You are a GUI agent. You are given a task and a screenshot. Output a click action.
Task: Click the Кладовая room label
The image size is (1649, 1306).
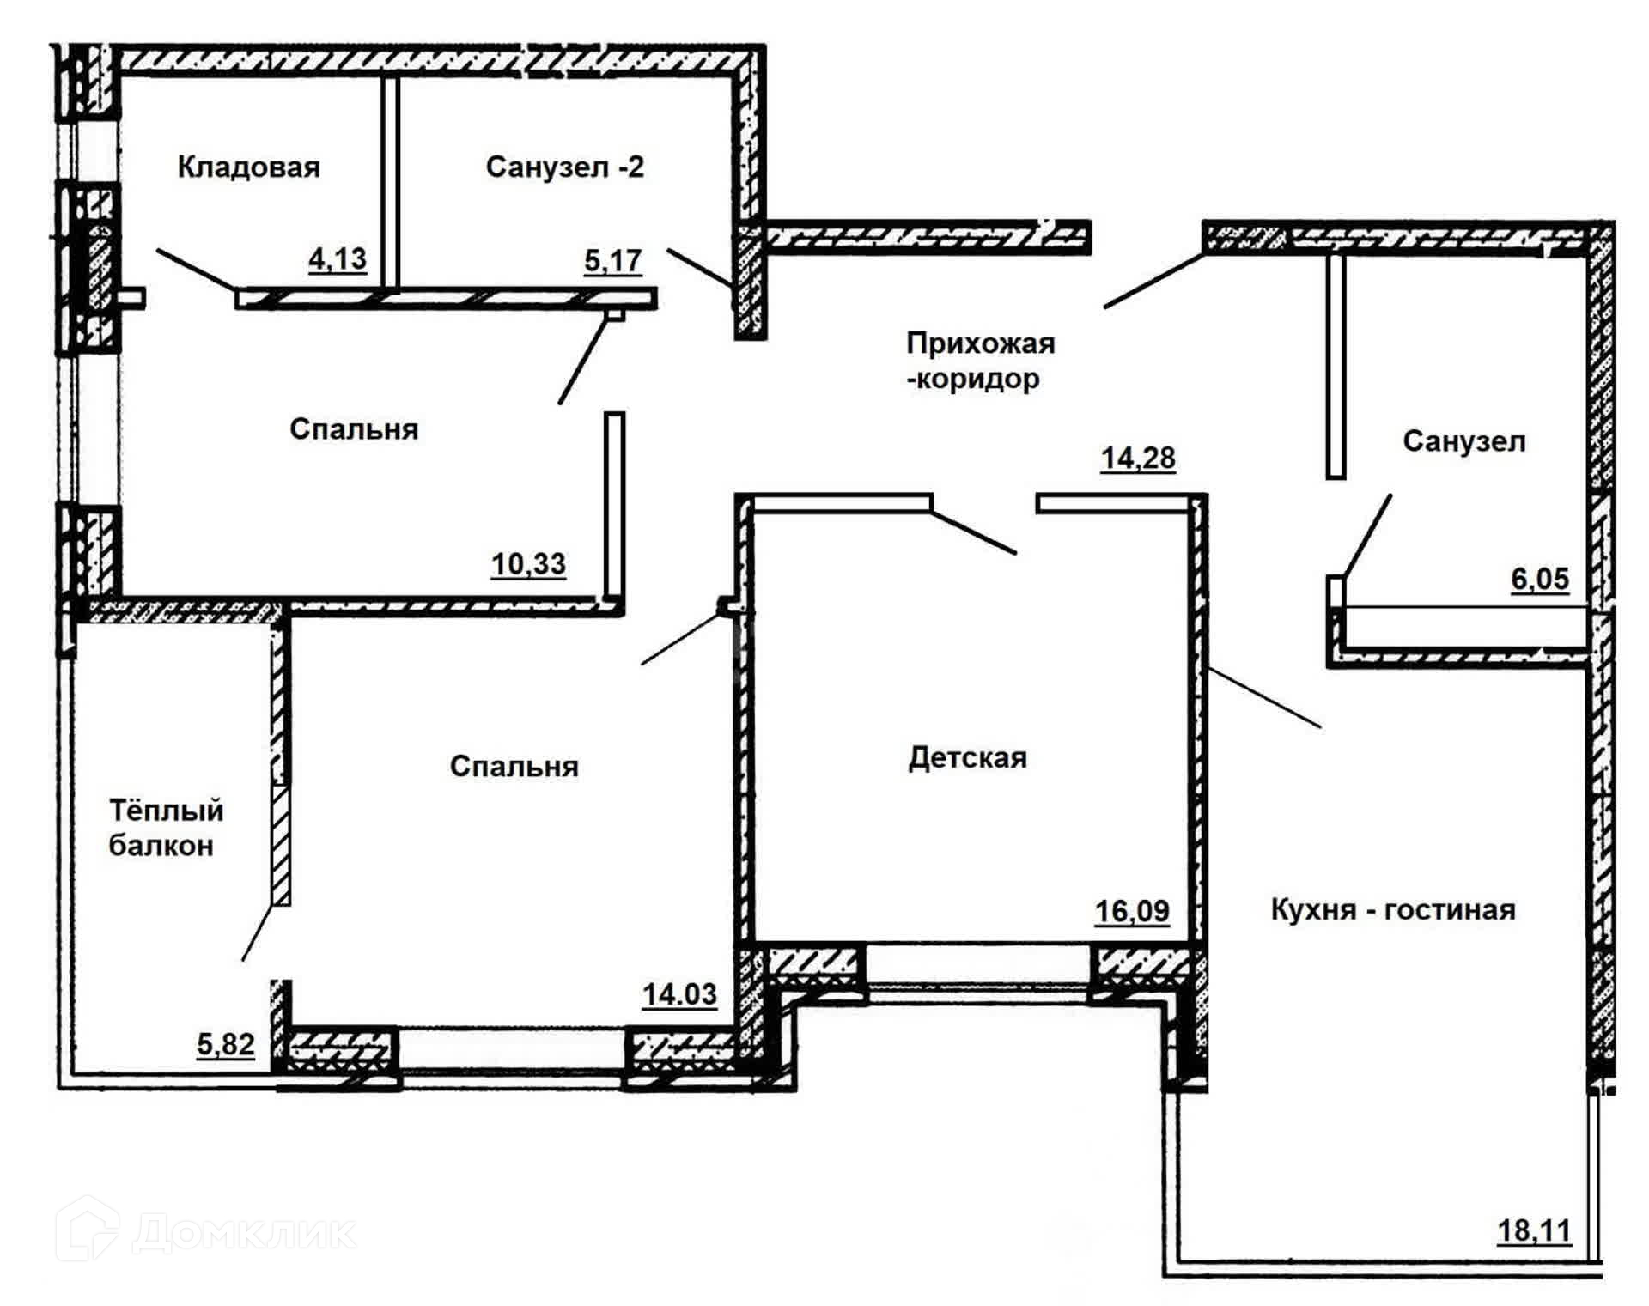[x=248, y=167]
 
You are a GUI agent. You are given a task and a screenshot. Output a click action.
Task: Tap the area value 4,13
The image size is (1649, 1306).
[x=338, y=258]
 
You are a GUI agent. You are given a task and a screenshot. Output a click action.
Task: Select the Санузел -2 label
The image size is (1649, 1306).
[x=564, y=167]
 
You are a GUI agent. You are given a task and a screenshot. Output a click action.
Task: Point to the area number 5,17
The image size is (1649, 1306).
[x=612, y=260]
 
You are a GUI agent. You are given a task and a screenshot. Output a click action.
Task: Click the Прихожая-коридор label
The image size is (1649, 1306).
[x=980, y=361]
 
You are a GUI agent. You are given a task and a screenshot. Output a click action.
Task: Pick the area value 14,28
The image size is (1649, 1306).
[x=1138, y=459]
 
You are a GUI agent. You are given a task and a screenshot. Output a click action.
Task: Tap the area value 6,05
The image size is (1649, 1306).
[x=1540, y=580]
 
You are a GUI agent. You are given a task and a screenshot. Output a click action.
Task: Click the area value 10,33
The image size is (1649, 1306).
[x=528, y=565]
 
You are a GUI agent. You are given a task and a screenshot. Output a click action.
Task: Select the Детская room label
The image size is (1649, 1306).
[x=968, y=758]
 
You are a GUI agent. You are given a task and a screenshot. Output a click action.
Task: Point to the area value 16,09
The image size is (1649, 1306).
[x=1132, y=911]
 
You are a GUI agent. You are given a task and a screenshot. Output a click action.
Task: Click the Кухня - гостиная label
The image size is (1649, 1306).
[x=1392, y=910]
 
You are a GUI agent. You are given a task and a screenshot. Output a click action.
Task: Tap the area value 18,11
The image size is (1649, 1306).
[x=1534, y=1231]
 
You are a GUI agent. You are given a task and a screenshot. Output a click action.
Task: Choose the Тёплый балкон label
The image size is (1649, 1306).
[x=165, y=828]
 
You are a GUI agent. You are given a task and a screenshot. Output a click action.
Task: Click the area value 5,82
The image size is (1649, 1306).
[x=226, y=1045]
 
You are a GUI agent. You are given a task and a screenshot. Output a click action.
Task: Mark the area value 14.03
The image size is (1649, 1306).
[x=679, y=994]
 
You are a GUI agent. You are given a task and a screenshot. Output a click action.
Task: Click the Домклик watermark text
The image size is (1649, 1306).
[x=245, y=1234]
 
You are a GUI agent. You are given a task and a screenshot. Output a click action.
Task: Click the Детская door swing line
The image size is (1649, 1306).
[x=974, y=532]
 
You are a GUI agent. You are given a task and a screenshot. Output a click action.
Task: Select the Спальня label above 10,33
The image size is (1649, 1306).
[x=353, y=429]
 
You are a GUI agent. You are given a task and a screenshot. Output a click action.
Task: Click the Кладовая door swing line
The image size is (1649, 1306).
[x=196, y=269]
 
